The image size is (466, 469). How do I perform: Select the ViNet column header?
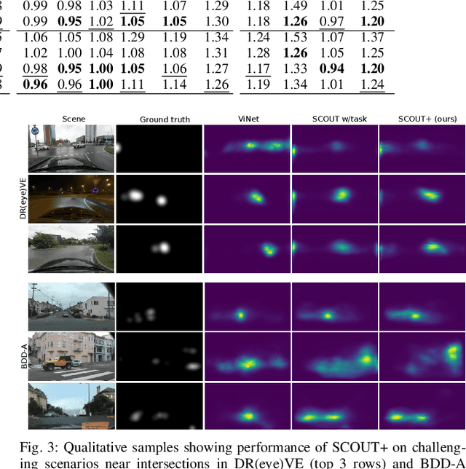pyautogui.click(x=247, y=119)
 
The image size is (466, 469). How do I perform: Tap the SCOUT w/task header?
pyautogui.click(x=333, y=119)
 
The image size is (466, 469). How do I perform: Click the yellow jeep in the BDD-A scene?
pyautogui.click(x=58, y=360)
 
